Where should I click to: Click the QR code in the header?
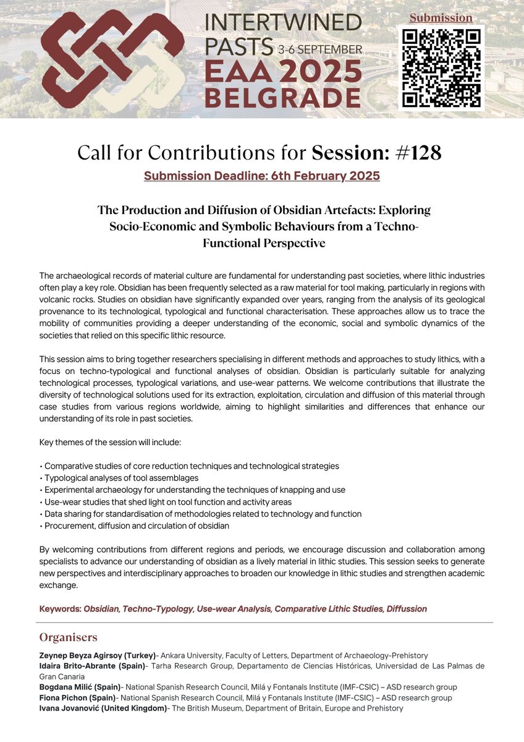point(441,67)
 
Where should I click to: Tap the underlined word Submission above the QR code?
point(441,18)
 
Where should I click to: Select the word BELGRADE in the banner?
point(282,98)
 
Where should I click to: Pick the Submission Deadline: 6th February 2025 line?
point(262,176)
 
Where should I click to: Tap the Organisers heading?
point(68,637)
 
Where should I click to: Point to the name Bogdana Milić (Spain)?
point(80,687)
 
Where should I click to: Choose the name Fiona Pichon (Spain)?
point(77,697)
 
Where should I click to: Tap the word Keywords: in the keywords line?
point(60,608)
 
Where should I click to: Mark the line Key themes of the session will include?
point(109,443)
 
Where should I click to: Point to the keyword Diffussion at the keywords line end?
point(407,608)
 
